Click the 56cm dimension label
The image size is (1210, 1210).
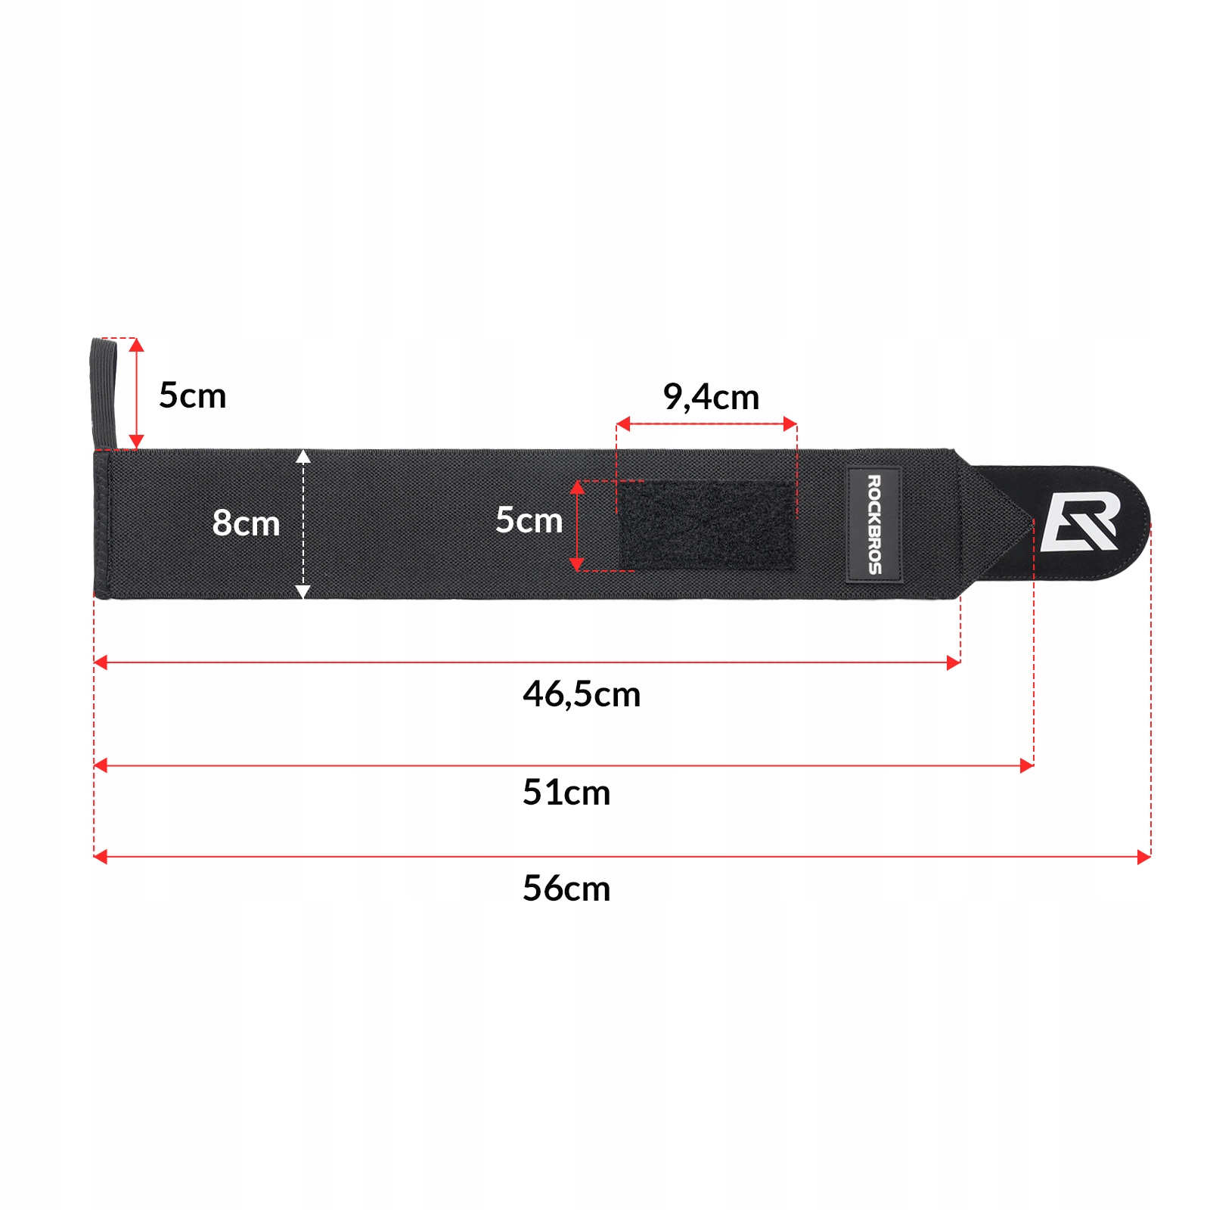tap(566, 888)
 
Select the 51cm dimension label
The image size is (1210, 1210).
tap(566, 793)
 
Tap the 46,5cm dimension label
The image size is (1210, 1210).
tap(582, 694)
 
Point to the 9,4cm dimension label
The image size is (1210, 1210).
tap(711, 397)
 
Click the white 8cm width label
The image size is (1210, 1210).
tap(246, 523)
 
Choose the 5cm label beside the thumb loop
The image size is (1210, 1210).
tap(192, 396)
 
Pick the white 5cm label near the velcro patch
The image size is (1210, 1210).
tap(529, 520)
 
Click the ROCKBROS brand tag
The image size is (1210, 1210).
tap(873, 525)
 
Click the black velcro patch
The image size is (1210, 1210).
tap(707, 525)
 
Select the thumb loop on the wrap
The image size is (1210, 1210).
tap(104, 393)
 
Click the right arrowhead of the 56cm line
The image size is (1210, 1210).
tap(1144, 857)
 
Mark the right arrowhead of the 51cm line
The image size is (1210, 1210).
tap(1027, 766)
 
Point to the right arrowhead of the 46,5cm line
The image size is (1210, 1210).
tap(954, 663)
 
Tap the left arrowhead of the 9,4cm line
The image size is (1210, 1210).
tap(623, 423)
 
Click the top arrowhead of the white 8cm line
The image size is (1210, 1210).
tap(303, 456)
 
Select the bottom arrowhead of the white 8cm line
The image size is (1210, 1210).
tap(303, 592)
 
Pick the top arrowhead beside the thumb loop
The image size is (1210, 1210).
tap(136, 345)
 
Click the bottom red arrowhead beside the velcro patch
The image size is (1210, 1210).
tap(577, 564)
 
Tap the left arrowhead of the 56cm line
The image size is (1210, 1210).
tap(100, 857)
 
